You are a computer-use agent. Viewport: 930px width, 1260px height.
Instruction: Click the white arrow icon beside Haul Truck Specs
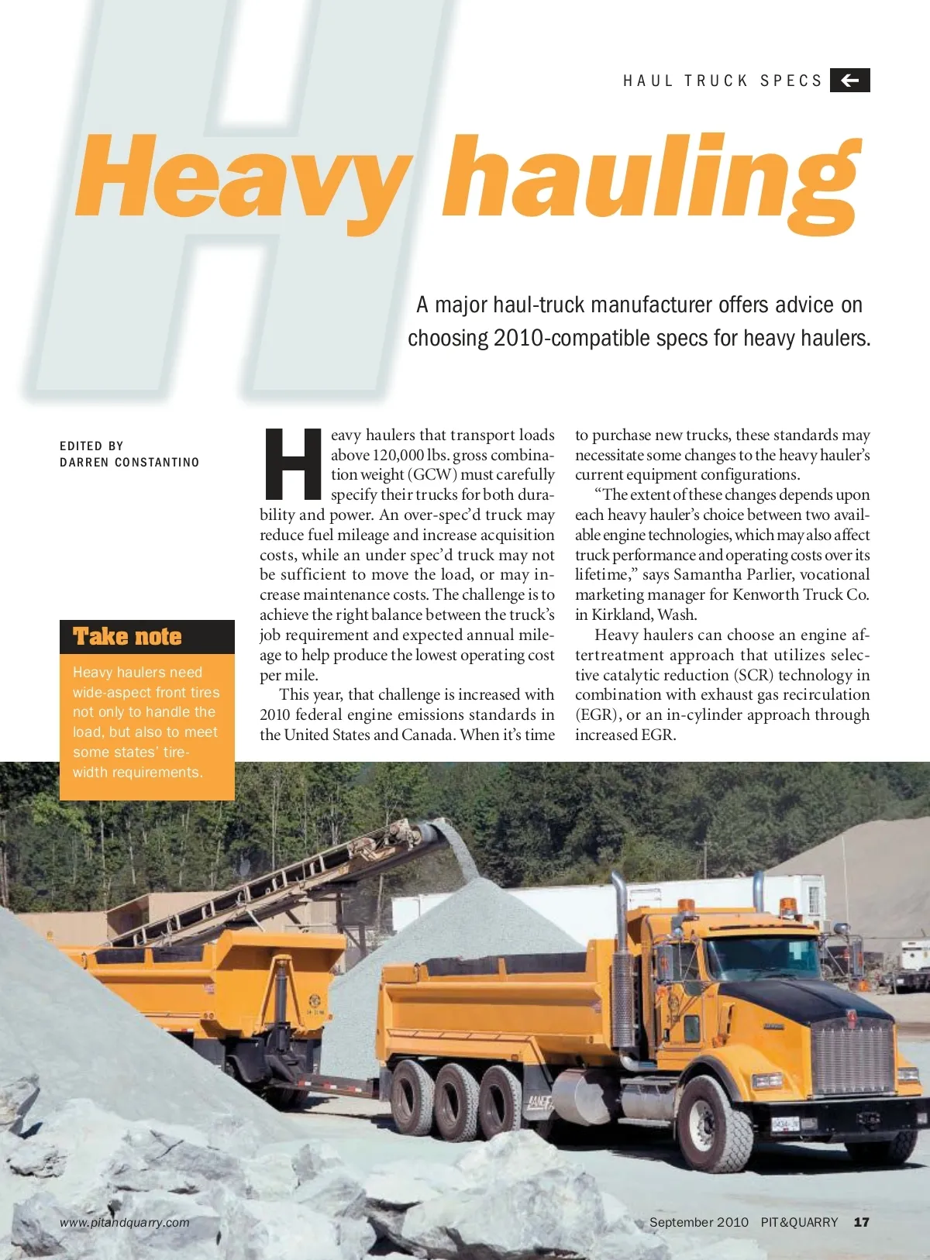coord(849,80)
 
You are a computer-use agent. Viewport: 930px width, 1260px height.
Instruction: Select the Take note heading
coord(127,637)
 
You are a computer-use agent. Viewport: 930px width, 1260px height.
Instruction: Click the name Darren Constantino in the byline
coord(129,463)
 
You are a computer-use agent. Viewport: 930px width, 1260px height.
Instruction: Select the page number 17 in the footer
coord(861,1222)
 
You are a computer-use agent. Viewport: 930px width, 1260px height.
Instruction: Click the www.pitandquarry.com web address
coord(125,1223)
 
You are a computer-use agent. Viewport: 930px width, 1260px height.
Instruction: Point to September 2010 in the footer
coord(698,1222)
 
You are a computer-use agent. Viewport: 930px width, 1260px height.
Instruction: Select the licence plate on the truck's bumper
coord(785,1124)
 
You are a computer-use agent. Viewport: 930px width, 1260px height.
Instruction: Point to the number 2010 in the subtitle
coord(520,339)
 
